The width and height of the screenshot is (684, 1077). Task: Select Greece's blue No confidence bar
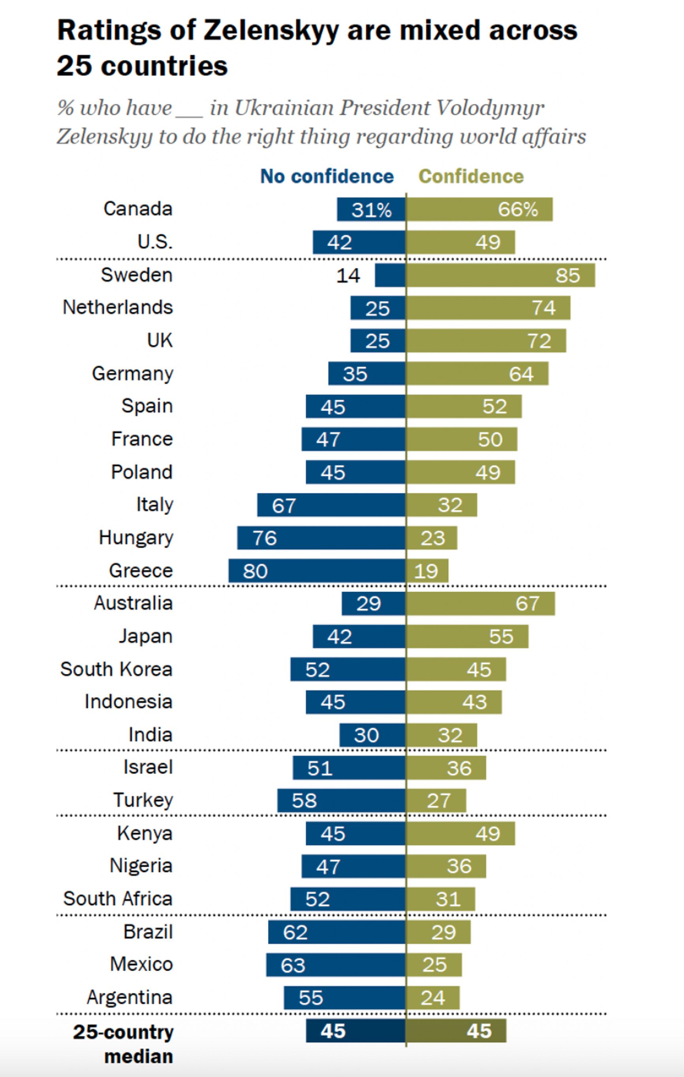pyautogui.click(x=317, y=571)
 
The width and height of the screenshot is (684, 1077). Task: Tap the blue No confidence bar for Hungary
pyautogui.click(x=321, y=538)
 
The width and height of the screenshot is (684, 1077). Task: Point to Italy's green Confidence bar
pyautogui.click(x=442, y=505)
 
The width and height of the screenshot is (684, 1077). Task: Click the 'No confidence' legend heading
pyautogui.click(x=327, y=176)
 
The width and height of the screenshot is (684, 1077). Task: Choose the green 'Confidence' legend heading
pyautogui.click(x=471, y=176)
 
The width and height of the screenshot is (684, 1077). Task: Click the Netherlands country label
pyautogui.click(x=118, y=308)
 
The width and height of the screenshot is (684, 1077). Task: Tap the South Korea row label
pyautogui.click(x=117, y=669)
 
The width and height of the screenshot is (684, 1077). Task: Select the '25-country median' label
pyautogui.click(x=124, y=1044)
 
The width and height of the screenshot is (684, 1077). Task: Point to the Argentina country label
pyautogui.click(x=130, y=997)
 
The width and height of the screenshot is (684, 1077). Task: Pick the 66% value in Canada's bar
pyautogui.click(x=518, y=209)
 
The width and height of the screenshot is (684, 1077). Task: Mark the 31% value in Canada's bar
pyautogui.click(x=371, y=209)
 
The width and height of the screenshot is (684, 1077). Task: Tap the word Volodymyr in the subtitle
pyautogui.click(x=490, y=108)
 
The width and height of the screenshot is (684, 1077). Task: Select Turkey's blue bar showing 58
pyautogui.click(x=341, y=801)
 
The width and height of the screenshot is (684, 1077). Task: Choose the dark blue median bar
pyautogui.click(x=356, y=1030)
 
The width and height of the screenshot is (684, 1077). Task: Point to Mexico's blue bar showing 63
pyautogui.click(x=336, y=965)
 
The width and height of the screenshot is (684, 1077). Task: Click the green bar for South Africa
pyautogui.click(x=441, y=899)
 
